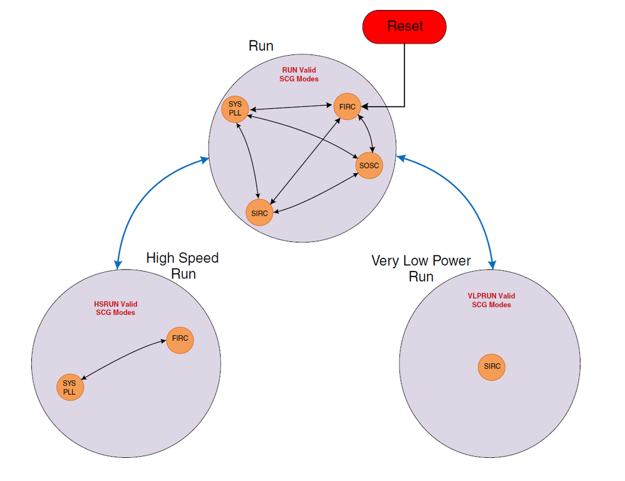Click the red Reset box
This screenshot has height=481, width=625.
405,26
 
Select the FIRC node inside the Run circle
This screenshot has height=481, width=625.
347,106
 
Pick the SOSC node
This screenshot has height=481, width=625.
368,165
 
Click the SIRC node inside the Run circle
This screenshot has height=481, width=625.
259,213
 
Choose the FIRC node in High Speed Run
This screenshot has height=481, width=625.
180,340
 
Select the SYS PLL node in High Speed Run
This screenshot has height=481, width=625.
70,387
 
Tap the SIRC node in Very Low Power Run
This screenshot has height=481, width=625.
492,367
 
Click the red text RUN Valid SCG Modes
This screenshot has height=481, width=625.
299,75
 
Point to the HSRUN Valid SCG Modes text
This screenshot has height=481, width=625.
115,308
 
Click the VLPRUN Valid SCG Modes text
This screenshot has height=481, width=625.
491,300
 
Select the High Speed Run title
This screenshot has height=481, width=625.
182,266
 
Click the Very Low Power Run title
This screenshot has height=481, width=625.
421,268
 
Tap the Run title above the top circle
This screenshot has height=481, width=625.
261,46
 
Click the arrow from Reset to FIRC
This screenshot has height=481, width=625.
405,81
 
